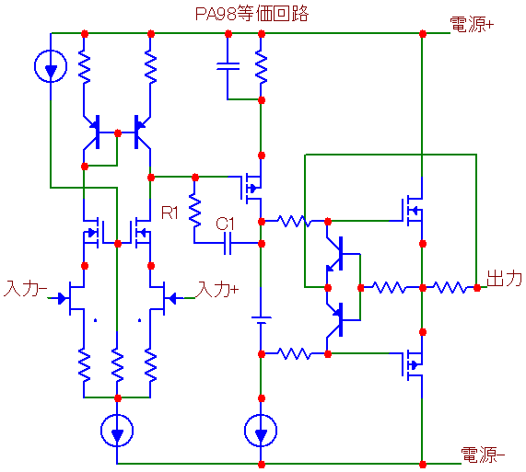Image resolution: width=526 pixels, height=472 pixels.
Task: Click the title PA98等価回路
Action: pos(251,14)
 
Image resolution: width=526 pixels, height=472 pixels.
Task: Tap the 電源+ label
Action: pos(472,25)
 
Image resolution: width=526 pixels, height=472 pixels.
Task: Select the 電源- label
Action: pos(483,455)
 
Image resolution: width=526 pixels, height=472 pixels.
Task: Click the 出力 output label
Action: pos(505,279)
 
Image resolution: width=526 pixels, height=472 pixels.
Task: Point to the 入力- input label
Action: pos(26,288)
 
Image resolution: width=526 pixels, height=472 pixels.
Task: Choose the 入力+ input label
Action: pos(218,289)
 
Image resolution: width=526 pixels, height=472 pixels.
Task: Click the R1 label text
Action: pos(169,213)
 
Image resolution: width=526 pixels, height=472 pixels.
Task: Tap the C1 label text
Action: pos(225,224)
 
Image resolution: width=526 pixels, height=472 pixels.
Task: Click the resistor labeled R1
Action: pos(194,211)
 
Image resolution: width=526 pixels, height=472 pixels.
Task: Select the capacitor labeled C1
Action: pos(228,244)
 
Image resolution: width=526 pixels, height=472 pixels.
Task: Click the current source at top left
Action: pos(51,66)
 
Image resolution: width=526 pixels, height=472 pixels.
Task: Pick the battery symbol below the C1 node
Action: pos(261,320)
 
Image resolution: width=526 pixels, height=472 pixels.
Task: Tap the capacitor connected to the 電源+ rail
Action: pos(228,66)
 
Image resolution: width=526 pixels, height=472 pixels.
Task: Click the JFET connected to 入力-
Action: pos(72,298)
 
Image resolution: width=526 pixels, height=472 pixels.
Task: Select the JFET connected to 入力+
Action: pos(162,298)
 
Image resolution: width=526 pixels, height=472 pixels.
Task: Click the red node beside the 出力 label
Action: pos(477,288)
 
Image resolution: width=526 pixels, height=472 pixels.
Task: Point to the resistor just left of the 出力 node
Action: pos(450,288)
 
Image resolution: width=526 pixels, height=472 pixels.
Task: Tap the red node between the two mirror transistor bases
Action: pos(117,133)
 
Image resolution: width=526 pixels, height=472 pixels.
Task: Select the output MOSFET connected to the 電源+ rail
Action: pos(412,211)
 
